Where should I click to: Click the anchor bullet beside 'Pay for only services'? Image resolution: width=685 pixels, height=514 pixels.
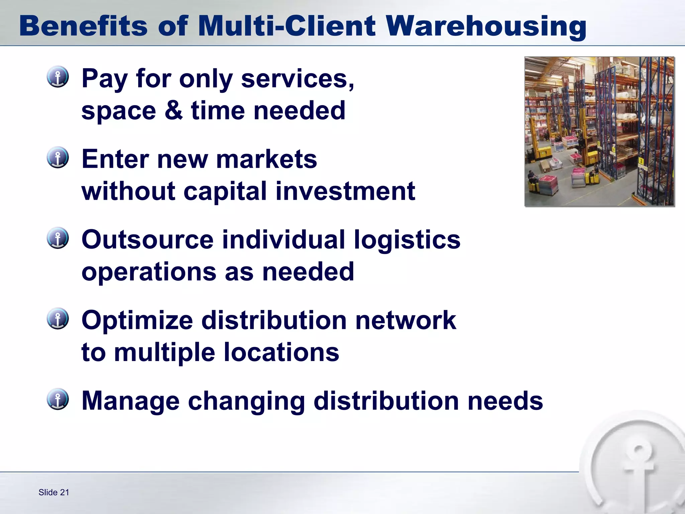[x=58, y=77]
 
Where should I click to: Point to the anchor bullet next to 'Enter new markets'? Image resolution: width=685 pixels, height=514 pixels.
[x=58, y=157]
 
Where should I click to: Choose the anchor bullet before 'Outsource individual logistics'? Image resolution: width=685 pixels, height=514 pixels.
[x=58, y=238]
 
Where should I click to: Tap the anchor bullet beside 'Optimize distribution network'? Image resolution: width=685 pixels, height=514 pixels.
[x=58, y=319]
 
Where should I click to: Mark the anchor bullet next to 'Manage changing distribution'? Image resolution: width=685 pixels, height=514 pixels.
[x=58, y=399]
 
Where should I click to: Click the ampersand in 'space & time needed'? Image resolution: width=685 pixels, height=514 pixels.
[x=174, y=110]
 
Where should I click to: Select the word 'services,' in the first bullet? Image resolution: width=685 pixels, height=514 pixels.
[x=297, y=79]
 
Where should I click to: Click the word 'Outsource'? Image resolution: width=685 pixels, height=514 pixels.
[x=148, y=240]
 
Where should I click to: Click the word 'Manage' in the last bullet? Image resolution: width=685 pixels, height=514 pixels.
[x=130, y=401]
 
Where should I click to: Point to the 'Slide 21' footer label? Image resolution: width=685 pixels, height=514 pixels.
[x=54, y=492]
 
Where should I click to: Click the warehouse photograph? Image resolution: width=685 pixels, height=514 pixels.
[x=599, y=132]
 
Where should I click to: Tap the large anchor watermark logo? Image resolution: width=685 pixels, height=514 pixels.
[x=635, y=468]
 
